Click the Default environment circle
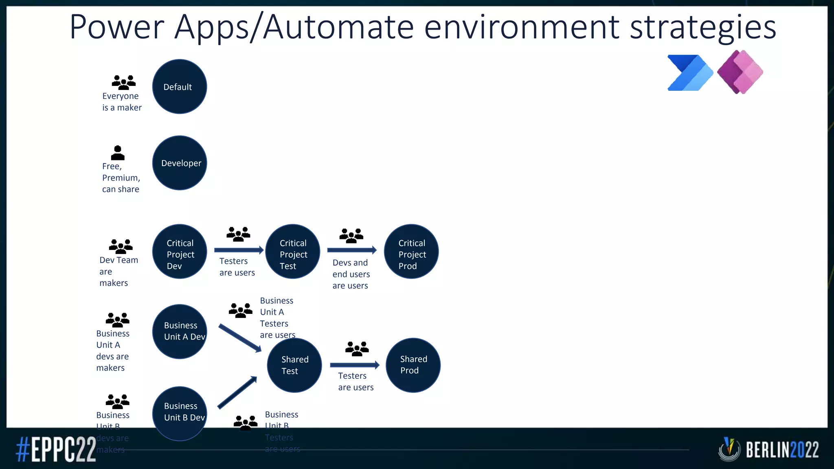(180, 87)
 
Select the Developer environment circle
(180, 163)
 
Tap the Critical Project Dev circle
(180, 252)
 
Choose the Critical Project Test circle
(292, 252)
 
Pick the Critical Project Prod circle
(411, 252)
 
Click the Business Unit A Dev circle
(180, 331)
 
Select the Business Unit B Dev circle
(180, 413)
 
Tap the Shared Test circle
(294, 365)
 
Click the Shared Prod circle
(413, 365)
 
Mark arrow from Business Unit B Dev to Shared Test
(237, 392)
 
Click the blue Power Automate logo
(689, 73)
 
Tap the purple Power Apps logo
(740, 72)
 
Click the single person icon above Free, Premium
(118, 153)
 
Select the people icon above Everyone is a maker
(123, 82)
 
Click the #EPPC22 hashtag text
(56, 449)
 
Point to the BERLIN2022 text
(782, 450)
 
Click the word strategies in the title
(703, 27)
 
